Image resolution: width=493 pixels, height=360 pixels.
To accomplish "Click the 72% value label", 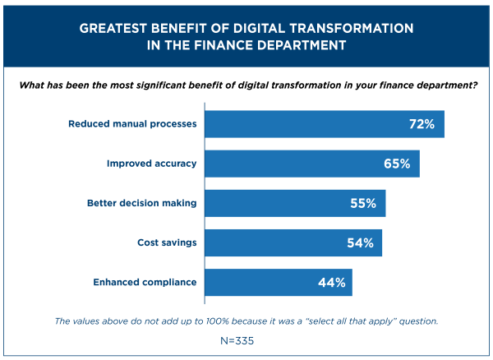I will pos(422,124).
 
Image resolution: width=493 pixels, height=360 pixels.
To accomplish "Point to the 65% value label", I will pos(396,164).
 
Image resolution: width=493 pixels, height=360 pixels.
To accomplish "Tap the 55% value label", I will pos(362,203).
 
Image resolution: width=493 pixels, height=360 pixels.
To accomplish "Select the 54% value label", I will pos(360,242).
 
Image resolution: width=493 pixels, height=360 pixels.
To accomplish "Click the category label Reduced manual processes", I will pos(132,124).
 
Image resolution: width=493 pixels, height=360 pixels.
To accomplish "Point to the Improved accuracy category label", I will pos(152,164).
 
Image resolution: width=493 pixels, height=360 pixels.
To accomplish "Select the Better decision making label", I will pos(142,203).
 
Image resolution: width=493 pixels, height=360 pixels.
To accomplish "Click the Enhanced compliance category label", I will pos(144,282).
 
